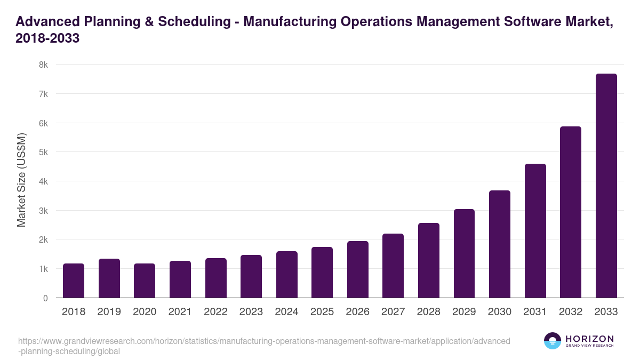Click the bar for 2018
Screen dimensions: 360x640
coord(74,281)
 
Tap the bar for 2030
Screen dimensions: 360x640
coord(500,244)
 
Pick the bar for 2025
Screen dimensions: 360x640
coord(322,273)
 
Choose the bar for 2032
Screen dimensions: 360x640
coord(571,212)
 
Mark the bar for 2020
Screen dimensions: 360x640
coord(145,281)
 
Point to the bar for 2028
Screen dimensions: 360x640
coord(429,260)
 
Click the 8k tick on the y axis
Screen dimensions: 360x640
coord(43,65)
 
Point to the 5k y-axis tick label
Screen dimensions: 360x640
coord(43,152)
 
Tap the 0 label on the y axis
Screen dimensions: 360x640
coord(45,298)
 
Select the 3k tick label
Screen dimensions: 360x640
coord(43,211)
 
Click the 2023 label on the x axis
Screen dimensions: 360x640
coord(251,312)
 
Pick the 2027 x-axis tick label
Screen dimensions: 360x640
coord(393,312)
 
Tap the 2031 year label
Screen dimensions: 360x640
coord(535,312)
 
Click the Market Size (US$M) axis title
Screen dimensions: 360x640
coord(21,181)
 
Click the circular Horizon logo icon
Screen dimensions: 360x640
coord(553,341)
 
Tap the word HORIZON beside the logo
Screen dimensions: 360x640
coord(589,339)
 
